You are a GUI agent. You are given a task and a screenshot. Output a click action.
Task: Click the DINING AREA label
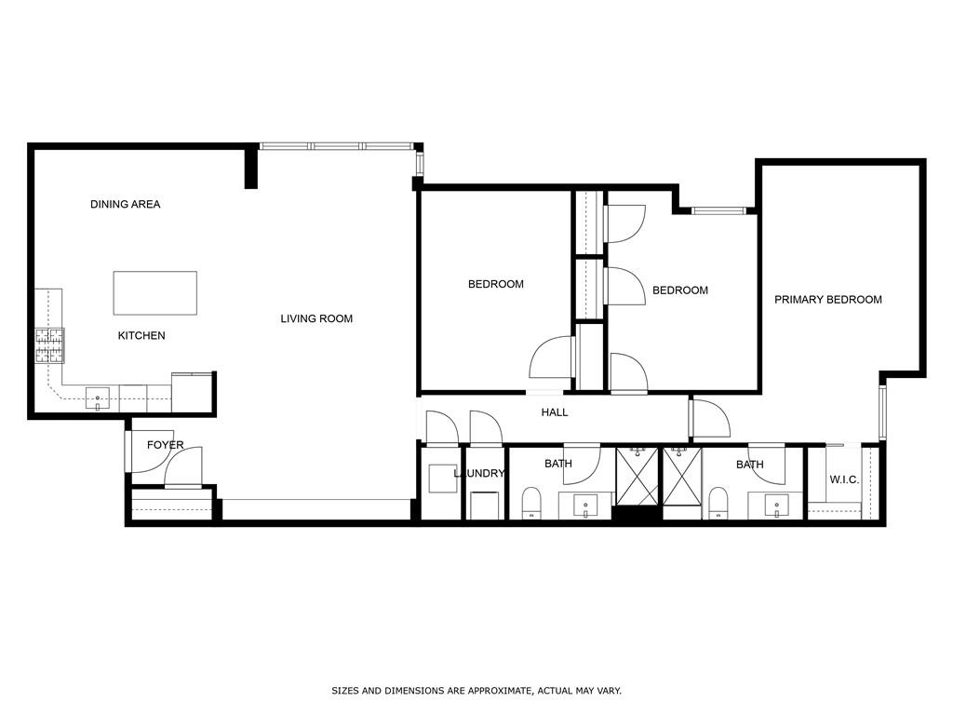[x=125, y=204]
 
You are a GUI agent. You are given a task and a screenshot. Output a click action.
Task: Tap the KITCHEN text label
[x=141, y=335]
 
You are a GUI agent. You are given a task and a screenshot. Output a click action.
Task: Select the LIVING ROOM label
[x=316, y=318]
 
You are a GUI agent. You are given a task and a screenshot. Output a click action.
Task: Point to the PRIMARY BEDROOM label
[x=827, y=300]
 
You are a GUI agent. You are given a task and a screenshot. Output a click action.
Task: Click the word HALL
[x=555, y=412]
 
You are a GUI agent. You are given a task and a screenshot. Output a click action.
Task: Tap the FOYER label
[x=165, y=445]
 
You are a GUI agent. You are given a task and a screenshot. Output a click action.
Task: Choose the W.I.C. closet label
[x=843, y=479]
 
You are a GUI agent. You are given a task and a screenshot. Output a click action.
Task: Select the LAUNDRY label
[x=479, y=474]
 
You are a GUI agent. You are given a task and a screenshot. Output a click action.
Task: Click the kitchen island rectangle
[x=154, y=293]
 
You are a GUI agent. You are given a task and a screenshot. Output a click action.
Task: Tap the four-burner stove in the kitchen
[x=50, y=345]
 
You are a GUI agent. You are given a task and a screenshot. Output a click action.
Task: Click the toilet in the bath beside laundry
[x=531, y=502]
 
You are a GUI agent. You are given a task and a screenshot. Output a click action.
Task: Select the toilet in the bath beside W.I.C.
[x=718, y=502]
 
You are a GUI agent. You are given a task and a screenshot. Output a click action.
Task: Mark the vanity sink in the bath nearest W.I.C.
[x=776, y=506]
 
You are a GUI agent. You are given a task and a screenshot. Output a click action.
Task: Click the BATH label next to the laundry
[x=557, y=464]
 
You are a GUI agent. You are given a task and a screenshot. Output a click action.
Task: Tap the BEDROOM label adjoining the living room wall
[x=495, y=284]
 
